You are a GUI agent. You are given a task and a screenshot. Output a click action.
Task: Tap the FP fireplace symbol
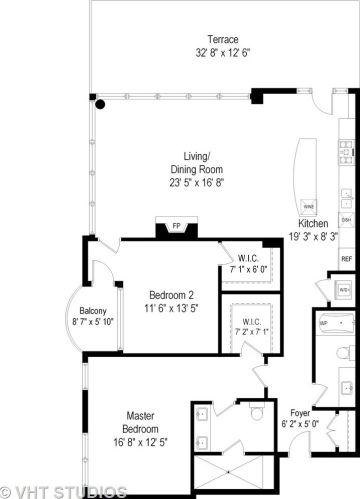(x=177, y=226)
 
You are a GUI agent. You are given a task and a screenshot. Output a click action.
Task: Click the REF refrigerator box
(x=346, y=259)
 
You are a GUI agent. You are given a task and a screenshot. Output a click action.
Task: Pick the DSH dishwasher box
(x=346, y=219)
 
